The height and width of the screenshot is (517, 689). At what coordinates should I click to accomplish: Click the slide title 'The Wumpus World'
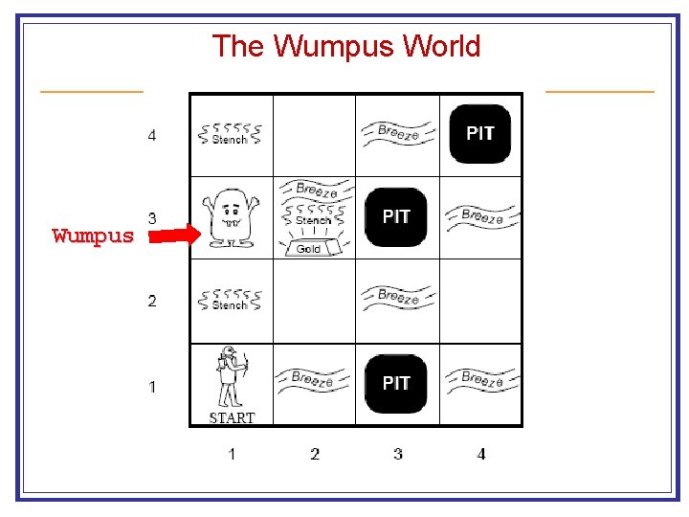[x=345, y=45]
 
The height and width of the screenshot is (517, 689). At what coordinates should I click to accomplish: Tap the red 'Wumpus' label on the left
[x=93, y=236]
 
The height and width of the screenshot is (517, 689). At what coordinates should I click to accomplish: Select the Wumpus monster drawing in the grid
[x=230, y=216]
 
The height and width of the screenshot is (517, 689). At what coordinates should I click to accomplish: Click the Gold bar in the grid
[x=308, y=248]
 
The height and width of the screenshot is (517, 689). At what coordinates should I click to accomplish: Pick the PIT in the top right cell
[x=480, y=133]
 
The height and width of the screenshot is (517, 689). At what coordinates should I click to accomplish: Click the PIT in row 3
[x=396, y=217]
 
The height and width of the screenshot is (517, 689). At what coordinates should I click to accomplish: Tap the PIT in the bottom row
[x=396, y=383]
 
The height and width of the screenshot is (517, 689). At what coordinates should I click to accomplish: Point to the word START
[x=232, y=417]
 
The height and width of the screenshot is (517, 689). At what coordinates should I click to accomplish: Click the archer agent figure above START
[x=230, y=377]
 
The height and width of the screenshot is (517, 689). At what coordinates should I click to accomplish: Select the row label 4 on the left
[x=152, y=135]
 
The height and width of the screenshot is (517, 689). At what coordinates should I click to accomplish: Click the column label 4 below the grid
[x=480, y=453]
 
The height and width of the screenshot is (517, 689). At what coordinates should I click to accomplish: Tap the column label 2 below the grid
[x=315, y=453]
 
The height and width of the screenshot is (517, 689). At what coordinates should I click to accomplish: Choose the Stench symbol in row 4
[x=230, y=134]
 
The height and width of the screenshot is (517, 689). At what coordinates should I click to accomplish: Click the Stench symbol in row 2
[x=230, y=300]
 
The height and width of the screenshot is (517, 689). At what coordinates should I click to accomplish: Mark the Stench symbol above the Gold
[x=313, y=215]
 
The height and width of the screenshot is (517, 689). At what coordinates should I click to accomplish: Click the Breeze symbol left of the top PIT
[x=397, y=132]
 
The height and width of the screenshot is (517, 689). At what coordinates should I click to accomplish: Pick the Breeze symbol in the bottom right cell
[x=481, y=379]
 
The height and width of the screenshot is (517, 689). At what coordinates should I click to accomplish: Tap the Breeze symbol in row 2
[x=397, y=298]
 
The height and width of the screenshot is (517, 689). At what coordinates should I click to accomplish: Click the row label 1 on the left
[x=152, y=387]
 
